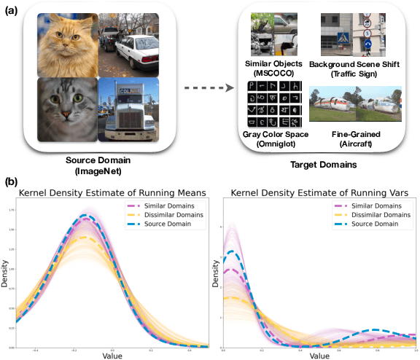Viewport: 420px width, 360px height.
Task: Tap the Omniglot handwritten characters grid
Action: [x=273, y=105]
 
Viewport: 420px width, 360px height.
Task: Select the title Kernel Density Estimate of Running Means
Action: [x=111, y=192]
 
